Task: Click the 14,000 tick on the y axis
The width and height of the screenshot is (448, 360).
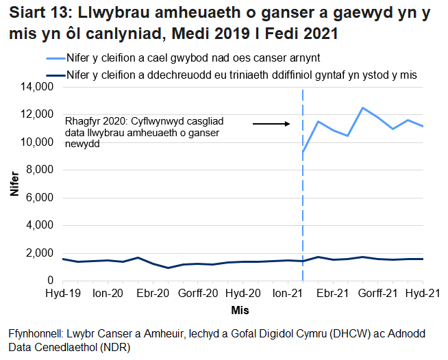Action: (38, 87)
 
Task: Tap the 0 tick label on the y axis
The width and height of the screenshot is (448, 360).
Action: (50, 281)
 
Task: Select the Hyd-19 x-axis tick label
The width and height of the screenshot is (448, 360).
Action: (62, 293)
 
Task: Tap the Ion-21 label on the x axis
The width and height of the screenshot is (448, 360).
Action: (288, 293)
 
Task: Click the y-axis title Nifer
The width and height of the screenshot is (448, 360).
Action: (14, 184)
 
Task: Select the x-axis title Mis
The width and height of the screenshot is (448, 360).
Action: (239, 309)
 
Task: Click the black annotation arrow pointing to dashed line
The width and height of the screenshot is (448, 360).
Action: (272, 124)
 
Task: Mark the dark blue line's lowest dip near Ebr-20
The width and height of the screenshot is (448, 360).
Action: (168, 268)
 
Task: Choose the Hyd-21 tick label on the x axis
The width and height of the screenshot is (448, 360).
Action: (423, 293)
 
